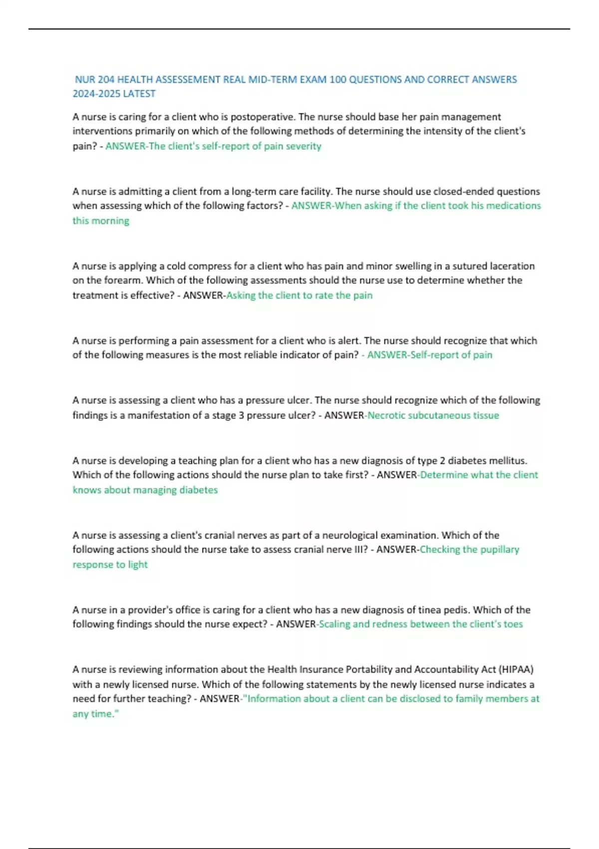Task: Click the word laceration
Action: (x=512, y=266)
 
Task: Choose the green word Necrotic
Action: (x=386, y=416)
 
